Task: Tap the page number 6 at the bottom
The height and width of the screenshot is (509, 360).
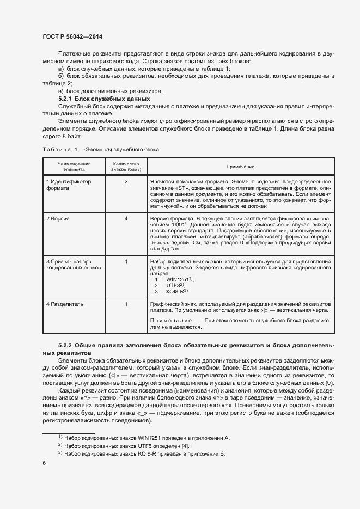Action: click(44, 463)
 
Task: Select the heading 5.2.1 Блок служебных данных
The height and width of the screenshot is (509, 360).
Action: click(103, 99)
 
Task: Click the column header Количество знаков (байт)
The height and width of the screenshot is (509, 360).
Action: click(126, 167)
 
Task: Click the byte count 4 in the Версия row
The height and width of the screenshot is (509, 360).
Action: click(126, 218)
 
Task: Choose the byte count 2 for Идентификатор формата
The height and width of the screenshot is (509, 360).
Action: click(126, 181)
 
